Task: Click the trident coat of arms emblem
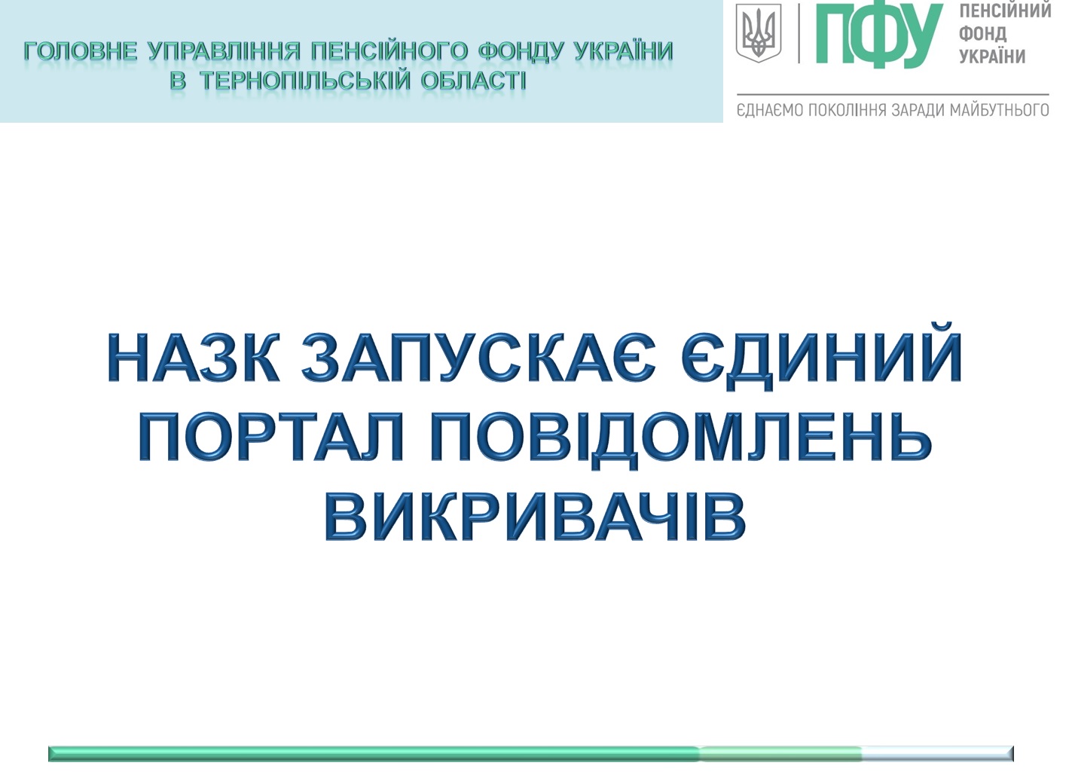pyautogui.click(x=759, y=33)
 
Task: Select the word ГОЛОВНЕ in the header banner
pyautogui.click(x=81, y=51)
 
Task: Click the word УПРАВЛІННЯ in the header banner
pyautogui.click(x=224, y=51)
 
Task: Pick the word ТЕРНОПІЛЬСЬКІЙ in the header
pyautogui.click(x=305, y=81)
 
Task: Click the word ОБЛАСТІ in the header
pyautogui.click(x=474, y=81)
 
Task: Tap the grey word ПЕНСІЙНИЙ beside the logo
pyautogui.click(x=1005, y=10)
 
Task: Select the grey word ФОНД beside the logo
pyautogui.click(x=982, y=33)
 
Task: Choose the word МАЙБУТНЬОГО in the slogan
pyautogui.click(x=999, y=110)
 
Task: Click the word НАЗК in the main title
pyautogui.click(x=194, y=357)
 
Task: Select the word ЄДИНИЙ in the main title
pyautogui.click(x=821, y=356)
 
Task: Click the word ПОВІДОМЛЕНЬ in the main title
pyautogui.click(x=681, y=438)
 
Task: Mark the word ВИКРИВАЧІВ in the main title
pyautogui.click(x=535, y=517)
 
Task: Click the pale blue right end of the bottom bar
pyautogui.click(x=937, y=754)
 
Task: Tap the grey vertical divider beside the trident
pyautogui.click(x=799, y=33)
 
